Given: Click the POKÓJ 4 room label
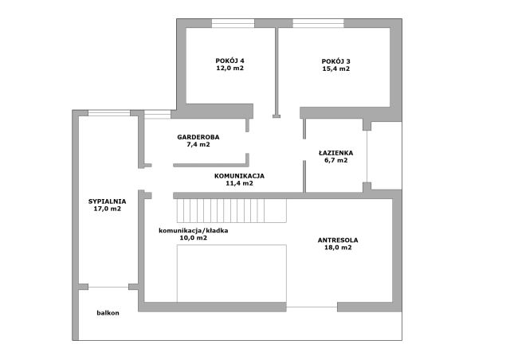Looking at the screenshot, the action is coord(229,61).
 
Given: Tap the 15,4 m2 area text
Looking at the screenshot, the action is coord(336,68).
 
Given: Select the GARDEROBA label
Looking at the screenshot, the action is coord(198,137).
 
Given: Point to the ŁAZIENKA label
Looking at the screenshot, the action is coord(336,152).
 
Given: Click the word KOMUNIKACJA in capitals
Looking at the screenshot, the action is coord(239,176).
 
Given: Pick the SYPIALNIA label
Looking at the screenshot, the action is coord(108,202).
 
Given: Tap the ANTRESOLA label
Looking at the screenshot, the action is coord(338,241).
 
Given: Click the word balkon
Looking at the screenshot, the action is coord(108,313).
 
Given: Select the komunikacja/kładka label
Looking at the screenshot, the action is coord(193,230).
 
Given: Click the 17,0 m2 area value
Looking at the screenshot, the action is coord(108,209).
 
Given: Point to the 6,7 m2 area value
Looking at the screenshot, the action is coord(336,160).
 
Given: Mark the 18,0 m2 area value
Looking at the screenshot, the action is coord(338,248).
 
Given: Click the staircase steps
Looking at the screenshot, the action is coord(232,211).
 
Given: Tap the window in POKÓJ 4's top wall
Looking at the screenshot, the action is coord(233,23).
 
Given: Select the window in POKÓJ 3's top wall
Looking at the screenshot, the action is coord(319,23).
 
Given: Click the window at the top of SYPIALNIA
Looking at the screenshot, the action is coord(109,113).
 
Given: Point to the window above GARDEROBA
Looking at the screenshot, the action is coord(158,115).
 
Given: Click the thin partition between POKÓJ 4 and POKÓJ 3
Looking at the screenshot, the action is coord(277,72).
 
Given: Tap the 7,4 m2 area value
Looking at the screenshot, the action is coord(198,144).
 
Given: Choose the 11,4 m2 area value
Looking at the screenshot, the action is coord(239,183).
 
